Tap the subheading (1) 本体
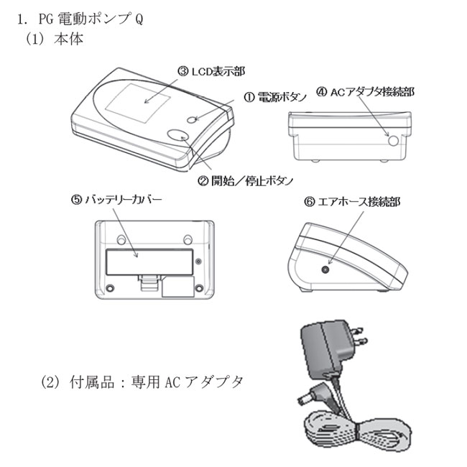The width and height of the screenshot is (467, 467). pos(55,40)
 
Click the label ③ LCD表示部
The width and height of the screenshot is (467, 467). pos(211,71)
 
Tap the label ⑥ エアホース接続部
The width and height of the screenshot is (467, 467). pos(352,203)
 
